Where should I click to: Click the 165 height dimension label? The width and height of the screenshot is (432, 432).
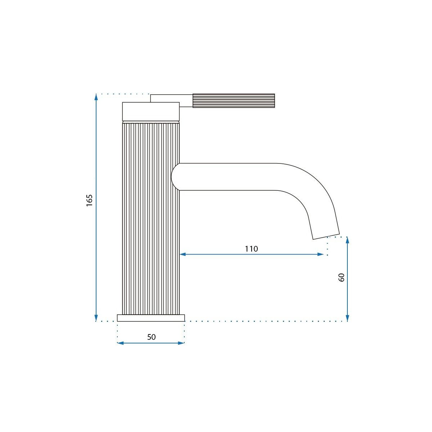pos(89,201)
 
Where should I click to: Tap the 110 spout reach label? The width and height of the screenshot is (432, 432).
pos(251,249)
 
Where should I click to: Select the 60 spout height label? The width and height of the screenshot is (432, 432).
pos(341,278)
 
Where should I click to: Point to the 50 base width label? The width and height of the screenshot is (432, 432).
pos(151,337)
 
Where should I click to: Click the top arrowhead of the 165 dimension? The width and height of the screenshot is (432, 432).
pos(96,97)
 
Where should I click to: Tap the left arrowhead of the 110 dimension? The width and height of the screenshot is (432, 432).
pos(183,254)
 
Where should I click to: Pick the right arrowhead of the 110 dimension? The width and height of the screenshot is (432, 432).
pos(321,254)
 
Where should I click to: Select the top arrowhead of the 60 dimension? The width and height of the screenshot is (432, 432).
pos(347,240)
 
